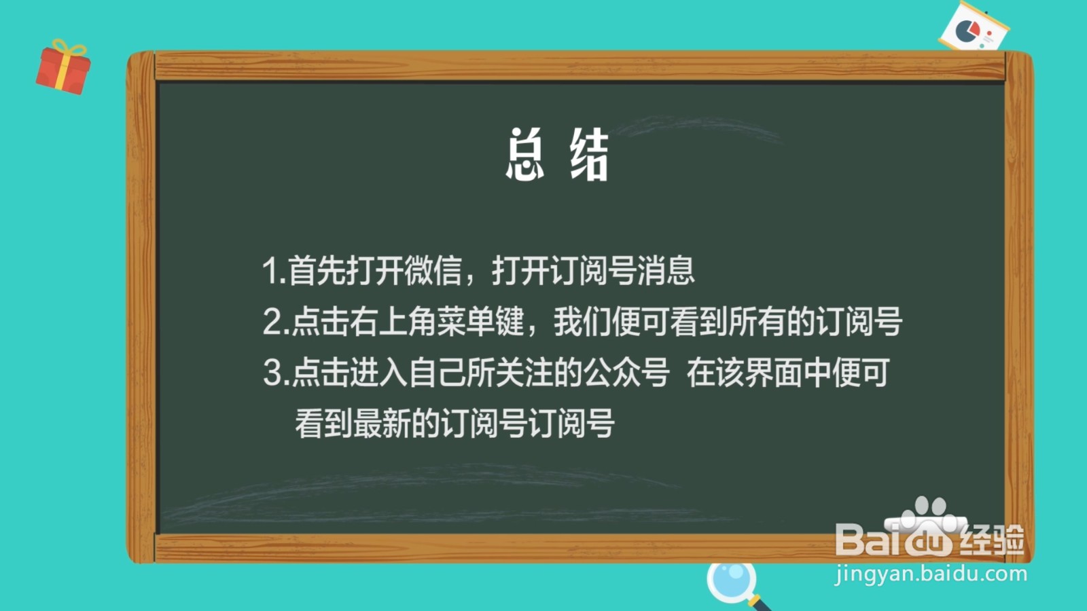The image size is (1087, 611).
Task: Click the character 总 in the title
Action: (524, 155)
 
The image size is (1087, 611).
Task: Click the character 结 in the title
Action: (589, 155)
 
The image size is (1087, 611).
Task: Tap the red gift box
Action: (63, 68)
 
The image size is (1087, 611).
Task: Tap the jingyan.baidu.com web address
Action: (931, 574)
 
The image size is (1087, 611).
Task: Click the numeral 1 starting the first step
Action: (270, 271)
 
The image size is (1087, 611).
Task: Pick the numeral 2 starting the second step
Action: (272, 322)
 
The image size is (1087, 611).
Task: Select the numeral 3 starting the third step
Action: (272, 373)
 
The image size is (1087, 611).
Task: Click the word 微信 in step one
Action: (433, 270)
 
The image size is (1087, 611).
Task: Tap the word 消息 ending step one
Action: (666, 270)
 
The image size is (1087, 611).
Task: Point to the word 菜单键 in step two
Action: (480, 322)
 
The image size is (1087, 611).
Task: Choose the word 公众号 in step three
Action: (626, 373)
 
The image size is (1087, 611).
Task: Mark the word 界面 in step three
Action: (774, 373)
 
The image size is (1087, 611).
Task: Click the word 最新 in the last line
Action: (382, 424)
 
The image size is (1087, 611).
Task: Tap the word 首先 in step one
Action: (317, 270)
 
